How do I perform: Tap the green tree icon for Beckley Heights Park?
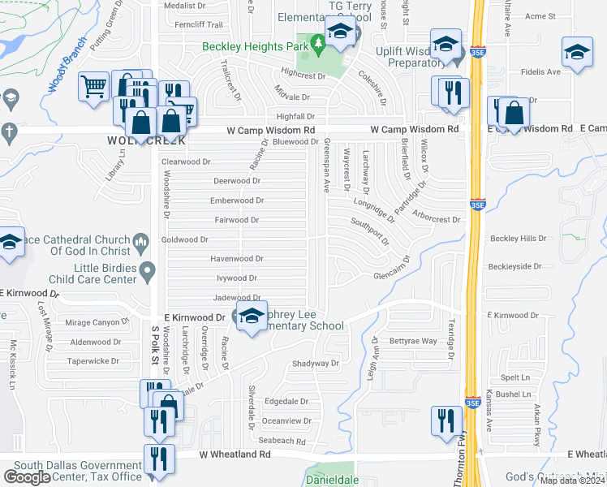[x=318, y=45]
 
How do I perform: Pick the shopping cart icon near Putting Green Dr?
[x=94, y=84]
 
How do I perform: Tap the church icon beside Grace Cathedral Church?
[x=141, y=241]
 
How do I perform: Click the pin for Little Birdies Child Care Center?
[x=147, y=270]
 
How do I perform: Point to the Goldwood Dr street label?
[x=185, y=240]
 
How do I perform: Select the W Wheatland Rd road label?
[x=235, y=455]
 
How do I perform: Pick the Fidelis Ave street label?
[x=542, y=72]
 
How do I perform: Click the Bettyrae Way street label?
[x=413, y=342]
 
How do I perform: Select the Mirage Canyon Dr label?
[x=96, y=322]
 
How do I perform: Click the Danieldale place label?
[x=331, y=480]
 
